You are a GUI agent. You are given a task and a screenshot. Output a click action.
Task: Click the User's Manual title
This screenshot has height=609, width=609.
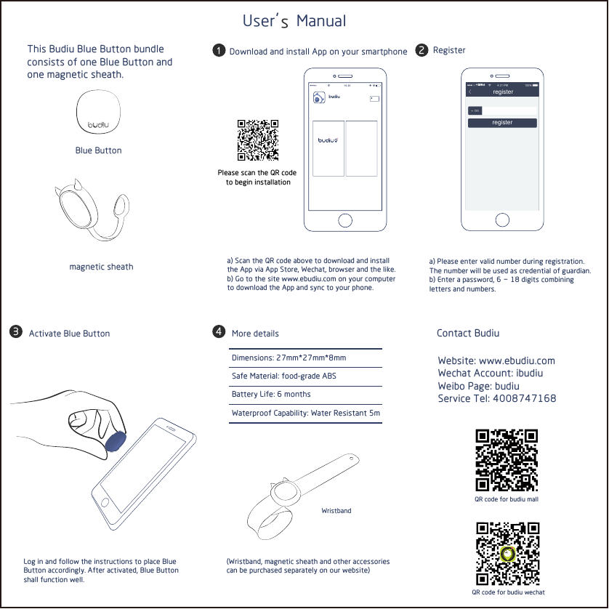tap(294, 21)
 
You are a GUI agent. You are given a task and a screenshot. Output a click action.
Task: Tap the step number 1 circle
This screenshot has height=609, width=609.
tap(217, 51)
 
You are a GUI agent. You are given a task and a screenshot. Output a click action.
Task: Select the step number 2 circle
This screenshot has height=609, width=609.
tap(421, 50)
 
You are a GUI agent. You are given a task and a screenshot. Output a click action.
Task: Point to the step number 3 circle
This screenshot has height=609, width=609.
tap(15, 333)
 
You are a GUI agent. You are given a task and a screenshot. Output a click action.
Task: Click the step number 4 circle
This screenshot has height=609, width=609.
tap(217, 332)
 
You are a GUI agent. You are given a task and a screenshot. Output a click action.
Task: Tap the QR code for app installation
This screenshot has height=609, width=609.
tap(258, 140)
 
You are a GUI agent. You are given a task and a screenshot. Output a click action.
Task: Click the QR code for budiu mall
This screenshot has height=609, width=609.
tap(506, 460)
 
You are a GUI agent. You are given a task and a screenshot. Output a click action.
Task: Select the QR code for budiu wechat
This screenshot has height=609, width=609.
tap(508, 554)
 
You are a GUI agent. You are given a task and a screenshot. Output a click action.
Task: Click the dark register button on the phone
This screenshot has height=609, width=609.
tap(501, 123)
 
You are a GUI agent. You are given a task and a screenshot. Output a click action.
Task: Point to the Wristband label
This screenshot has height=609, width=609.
tap(336, 511)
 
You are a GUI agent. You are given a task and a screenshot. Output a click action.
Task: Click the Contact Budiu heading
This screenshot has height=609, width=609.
tap(467, 333)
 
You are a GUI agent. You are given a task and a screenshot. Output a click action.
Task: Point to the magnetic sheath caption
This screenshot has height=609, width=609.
tap(101, 267)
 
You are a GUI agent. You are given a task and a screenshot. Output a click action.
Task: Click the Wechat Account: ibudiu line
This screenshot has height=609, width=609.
tap(490, 373)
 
